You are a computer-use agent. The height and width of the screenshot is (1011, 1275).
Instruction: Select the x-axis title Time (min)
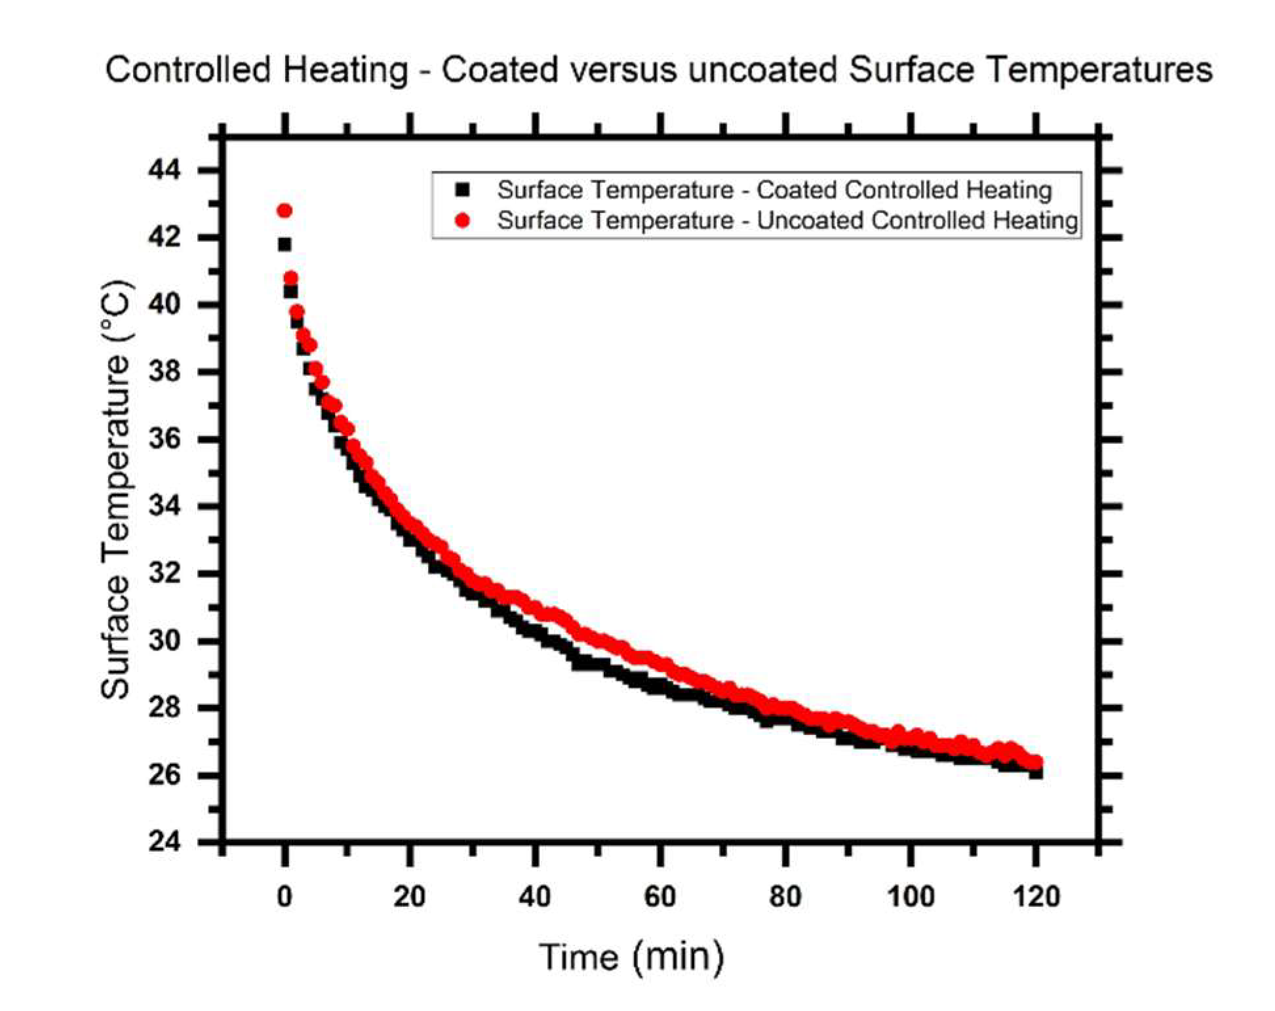[631, 956]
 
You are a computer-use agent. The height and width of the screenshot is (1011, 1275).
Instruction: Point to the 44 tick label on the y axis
[163, 170]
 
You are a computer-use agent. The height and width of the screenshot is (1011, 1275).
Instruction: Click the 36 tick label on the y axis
[163, 439]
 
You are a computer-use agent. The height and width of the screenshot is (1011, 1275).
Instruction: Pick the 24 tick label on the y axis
[163, 842]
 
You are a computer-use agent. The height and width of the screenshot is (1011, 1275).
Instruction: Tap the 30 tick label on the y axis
[163, 641]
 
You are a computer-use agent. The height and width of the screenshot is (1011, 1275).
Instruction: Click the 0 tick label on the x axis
[284, 896]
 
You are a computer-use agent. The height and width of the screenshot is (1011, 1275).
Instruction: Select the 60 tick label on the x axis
[660, 896]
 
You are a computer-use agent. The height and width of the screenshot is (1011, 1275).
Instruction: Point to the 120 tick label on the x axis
[1036, 896]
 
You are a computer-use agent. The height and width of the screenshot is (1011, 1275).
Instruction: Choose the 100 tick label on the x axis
[911, 896]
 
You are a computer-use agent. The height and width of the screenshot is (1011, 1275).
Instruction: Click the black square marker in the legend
[463, 190]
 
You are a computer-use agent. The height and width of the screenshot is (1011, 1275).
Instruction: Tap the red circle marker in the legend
[463, 220]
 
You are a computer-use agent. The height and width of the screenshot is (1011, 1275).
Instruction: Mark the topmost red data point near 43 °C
[284, 210]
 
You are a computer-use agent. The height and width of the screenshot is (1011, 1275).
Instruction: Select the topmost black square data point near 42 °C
[284, 245]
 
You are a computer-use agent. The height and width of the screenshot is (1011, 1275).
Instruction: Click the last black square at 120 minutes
[1036, 773]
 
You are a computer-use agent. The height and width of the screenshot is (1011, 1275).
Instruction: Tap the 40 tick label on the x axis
[535, 896]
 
